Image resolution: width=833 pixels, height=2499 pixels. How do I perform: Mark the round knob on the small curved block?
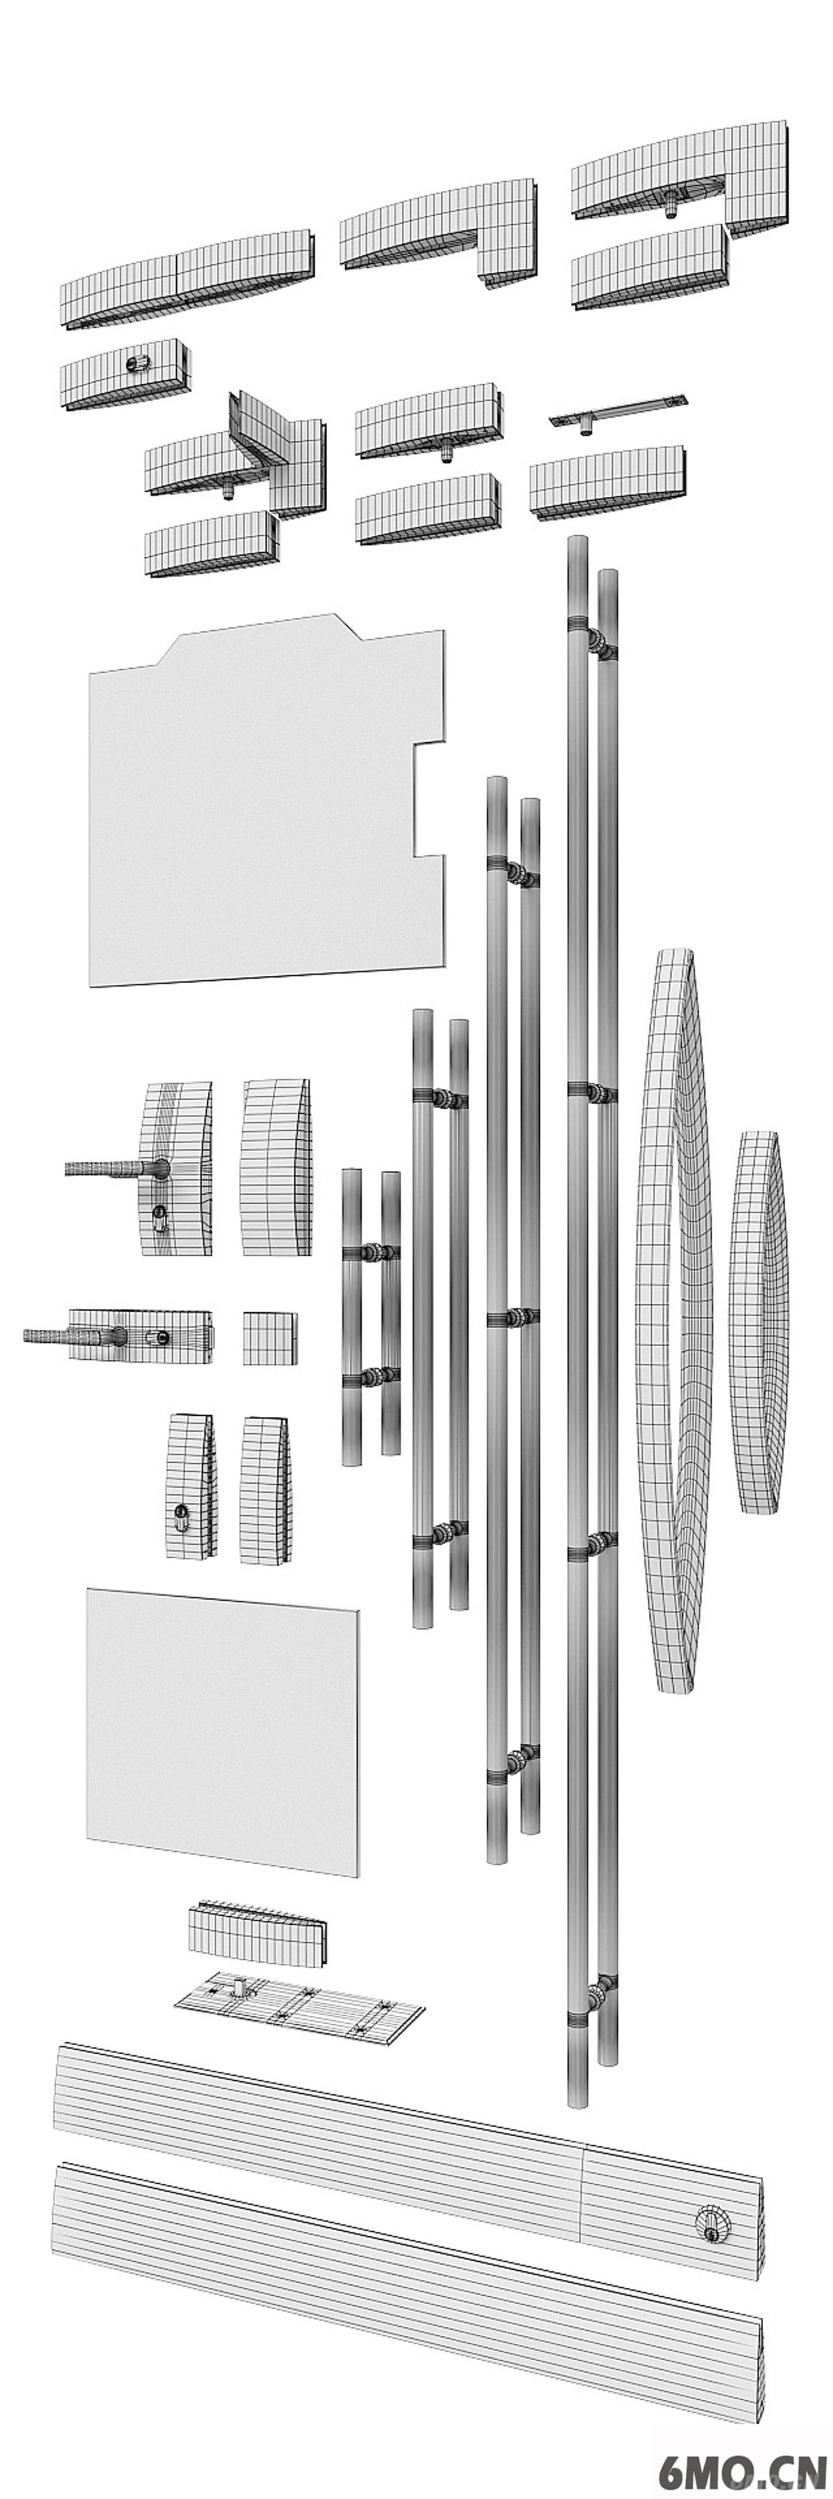(136, 364)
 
